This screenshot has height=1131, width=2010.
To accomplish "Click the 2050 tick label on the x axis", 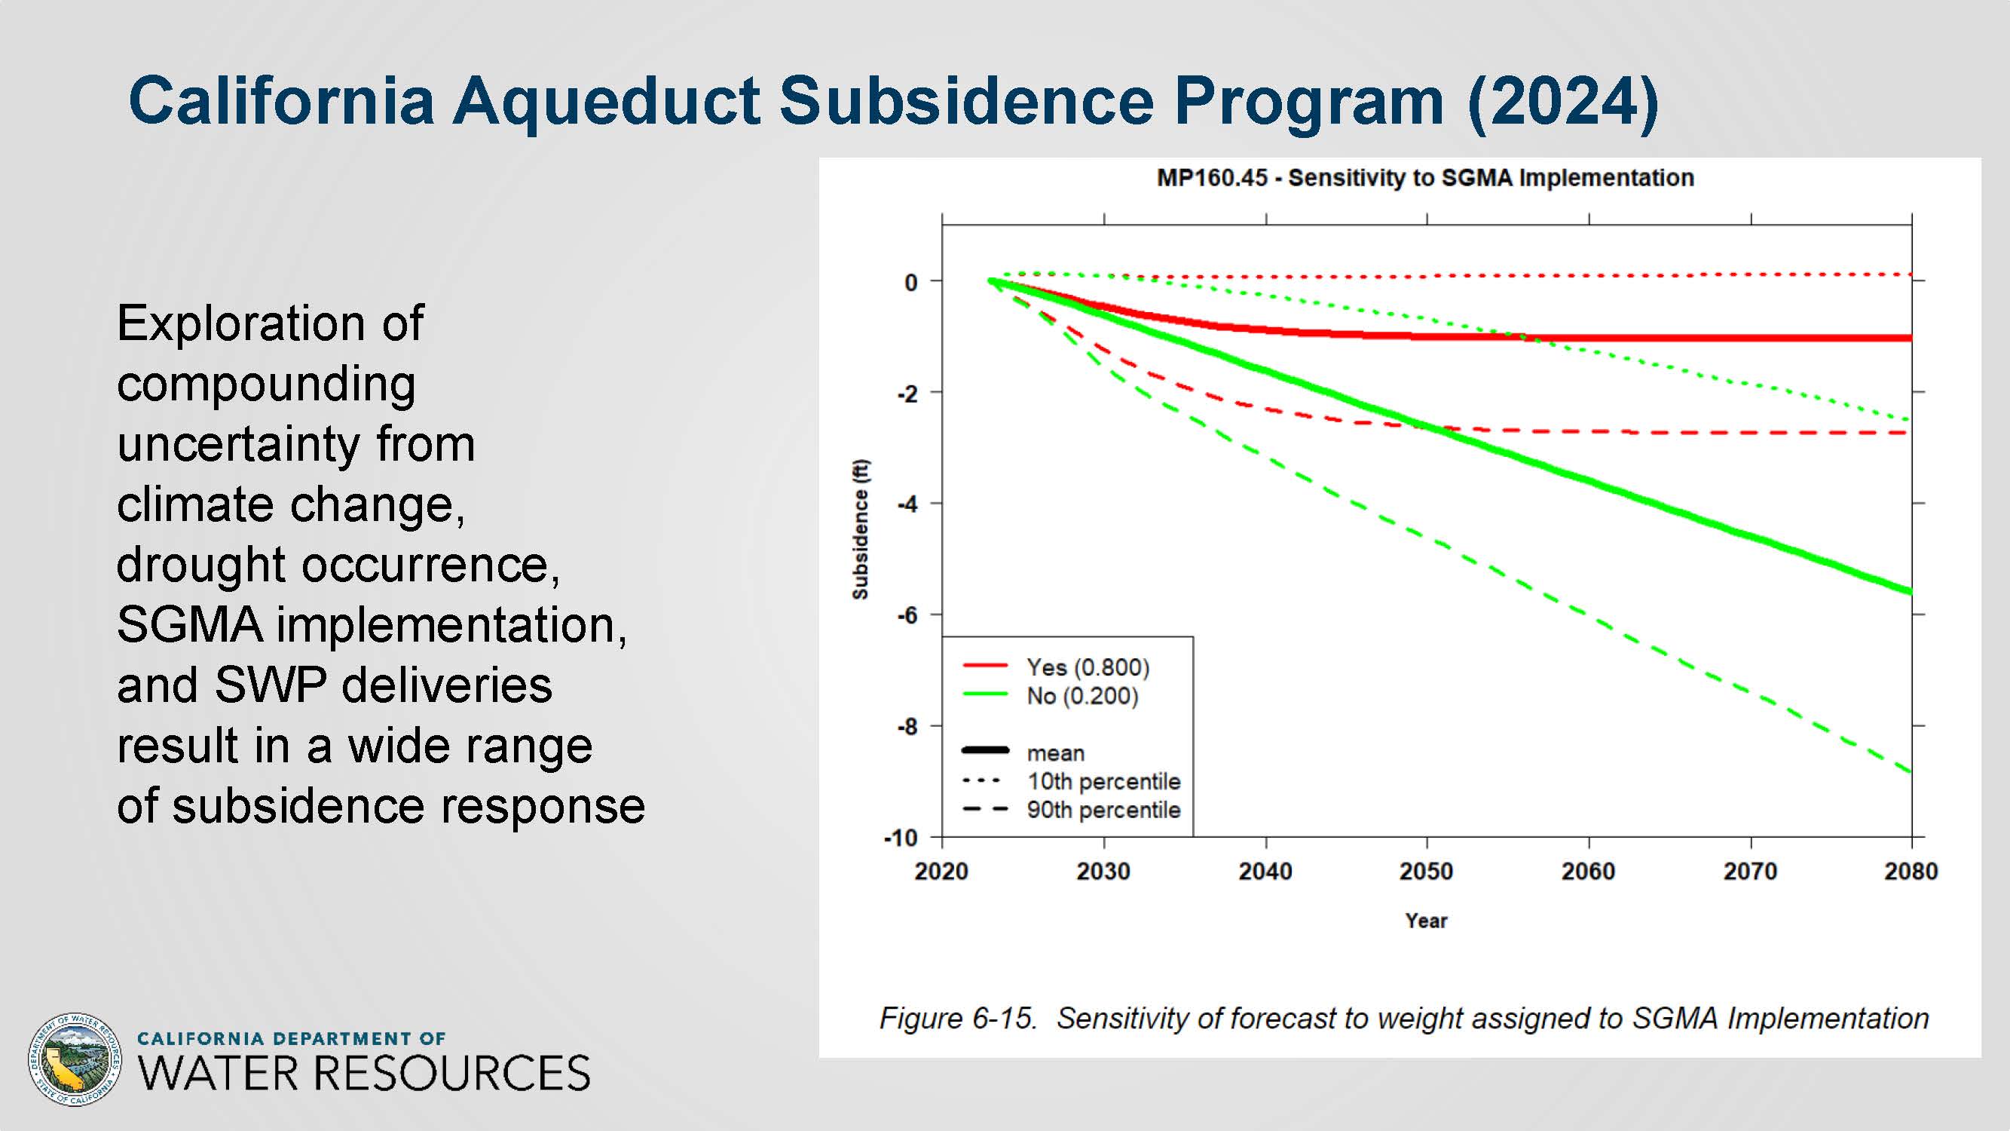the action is coord(1427,871).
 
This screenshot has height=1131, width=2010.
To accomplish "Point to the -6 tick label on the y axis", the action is coord(907,616).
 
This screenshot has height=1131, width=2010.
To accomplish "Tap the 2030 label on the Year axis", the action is coord(1103,871).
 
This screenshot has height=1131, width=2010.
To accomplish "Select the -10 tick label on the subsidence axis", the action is coord(901,838).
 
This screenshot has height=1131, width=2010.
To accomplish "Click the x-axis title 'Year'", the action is coord(1427,921).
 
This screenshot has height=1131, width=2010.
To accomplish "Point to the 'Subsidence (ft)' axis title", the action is coord(860,529).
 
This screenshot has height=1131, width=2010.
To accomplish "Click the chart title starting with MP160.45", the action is coord(1425,178).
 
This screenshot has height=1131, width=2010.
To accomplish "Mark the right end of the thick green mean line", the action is coord(1911,592).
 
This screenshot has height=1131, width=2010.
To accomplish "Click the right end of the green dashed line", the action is coord(1910,772).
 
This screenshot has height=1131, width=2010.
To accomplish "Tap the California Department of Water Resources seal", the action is coord(75,1060).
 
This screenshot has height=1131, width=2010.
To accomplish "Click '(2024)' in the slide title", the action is coord(1563,102).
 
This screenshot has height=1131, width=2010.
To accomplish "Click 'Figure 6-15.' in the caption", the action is coord(958,1019).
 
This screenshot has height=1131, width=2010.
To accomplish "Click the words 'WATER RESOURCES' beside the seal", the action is coord(364,1073).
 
